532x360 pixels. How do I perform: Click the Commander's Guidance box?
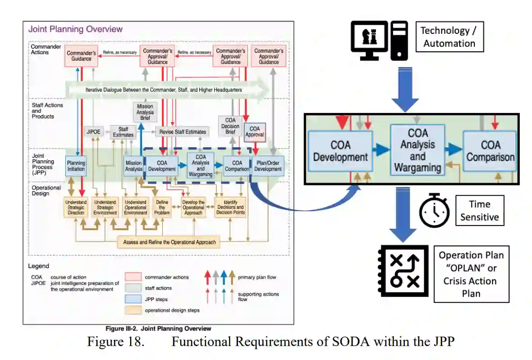coord(81,56)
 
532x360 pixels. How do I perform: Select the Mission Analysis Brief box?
coord(145,112)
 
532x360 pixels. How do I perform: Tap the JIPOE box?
coord(94,132)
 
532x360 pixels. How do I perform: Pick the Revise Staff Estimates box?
coord(183,132)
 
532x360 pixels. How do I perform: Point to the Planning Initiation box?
coord(76,166)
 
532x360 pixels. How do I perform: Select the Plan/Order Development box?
coord(268,166)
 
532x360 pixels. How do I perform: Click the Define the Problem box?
coord(161,207)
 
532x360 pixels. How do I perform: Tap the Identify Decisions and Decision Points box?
coord(230,207)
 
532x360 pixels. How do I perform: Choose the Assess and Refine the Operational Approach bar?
coord(170,242)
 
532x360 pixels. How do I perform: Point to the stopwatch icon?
coord(434,211)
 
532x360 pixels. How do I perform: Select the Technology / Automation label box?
coord(449,37)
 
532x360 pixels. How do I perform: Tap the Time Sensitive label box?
coord(479,211)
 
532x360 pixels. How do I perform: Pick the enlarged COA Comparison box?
coord(490,151)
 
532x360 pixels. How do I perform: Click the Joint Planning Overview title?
coord(75,29)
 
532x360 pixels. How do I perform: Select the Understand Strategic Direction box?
coord(76,207)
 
